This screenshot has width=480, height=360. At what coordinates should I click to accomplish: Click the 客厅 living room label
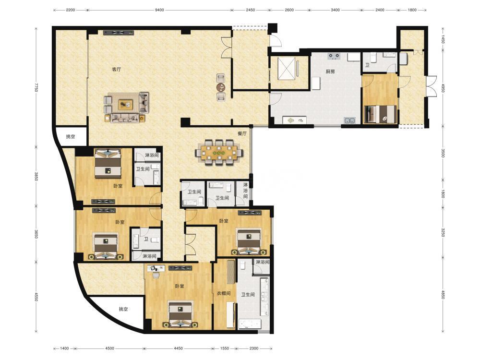[116, 70]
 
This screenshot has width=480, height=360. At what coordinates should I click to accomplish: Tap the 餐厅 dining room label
[242, 133]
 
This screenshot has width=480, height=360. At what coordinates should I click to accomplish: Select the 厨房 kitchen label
[330, 72]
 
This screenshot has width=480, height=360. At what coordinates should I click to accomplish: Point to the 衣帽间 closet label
[224, 293]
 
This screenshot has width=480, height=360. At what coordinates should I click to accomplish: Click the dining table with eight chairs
[219, 152]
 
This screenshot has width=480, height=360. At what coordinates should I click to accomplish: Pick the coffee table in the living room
[126, 105]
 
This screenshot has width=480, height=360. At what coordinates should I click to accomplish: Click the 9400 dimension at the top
[159, 10]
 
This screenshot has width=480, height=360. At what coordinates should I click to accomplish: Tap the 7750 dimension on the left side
[36, 87]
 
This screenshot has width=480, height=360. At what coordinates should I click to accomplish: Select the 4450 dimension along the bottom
[178, 348]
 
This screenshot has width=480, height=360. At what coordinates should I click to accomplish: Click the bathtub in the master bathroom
[250, 324]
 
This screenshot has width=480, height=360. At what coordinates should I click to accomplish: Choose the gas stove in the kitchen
[334, 56]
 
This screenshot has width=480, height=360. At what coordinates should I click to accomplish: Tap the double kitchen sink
[349, 120]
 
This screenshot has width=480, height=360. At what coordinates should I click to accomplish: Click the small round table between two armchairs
[221, 87]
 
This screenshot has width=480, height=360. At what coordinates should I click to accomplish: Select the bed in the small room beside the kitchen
[380, 114]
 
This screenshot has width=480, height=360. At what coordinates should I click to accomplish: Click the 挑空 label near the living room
[71, 136]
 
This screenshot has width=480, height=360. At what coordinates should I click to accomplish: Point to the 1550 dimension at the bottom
[225, 348]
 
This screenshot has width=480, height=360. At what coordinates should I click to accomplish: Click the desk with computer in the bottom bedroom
[156, 268]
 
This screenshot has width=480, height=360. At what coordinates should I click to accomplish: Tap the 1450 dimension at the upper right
[443, 39]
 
